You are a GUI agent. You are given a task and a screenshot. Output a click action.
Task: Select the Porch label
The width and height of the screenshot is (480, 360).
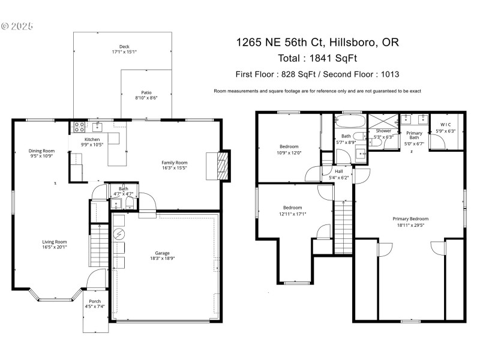95,302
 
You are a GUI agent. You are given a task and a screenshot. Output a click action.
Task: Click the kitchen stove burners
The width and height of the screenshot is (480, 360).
78,127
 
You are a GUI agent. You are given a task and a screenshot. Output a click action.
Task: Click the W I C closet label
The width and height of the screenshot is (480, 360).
444,124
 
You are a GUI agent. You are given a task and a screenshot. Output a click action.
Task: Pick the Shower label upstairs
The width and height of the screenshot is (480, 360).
383,131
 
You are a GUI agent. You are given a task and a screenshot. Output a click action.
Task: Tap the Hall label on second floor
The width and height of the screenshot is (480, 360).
339,171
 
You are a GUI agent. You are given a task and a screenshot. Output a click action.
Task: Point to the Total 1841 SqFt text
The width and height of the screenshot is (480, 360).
317,58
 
